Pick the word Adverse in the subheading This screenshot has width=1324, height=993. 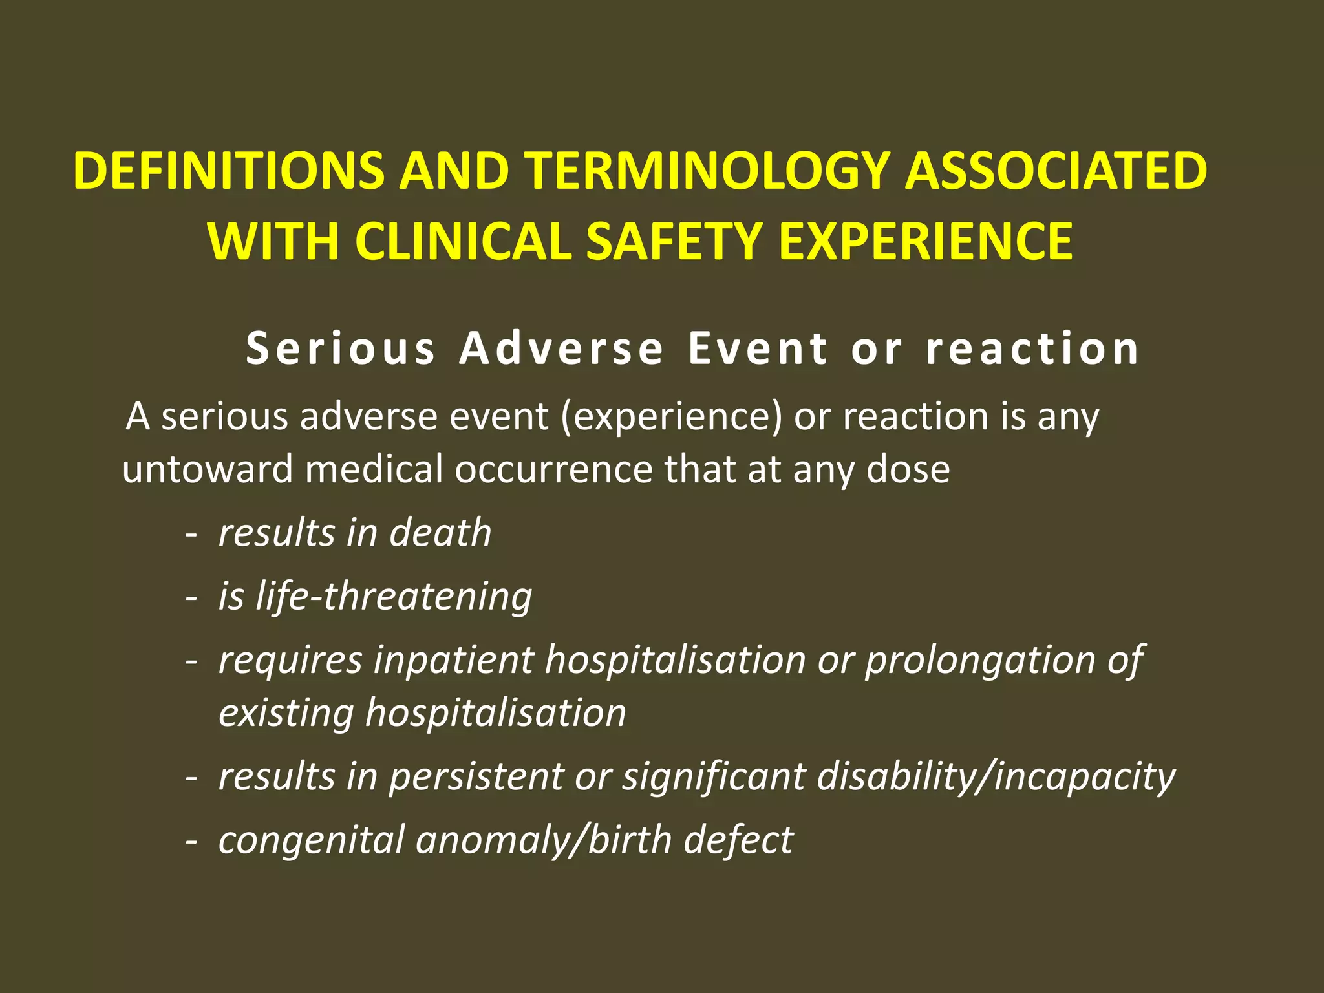(x=561, y=348)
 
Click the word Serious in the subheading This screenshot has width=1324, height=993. (x=341, y=348)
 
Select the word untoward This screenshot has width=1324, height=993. (x=208, y=469)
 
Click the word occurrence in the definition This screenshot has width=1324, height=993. (x=553, y=469)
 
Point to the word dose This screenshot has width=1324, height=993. (x=908, y=469)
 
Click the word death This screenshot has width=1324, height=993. (x=440, y=533)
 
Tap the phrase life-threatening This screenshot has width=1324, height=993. (x=394, y=596)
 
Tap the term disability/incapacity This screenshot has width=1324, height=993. (x=996, y=776)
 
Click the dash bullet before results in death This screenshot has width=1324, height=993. (x=191, y=535)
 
